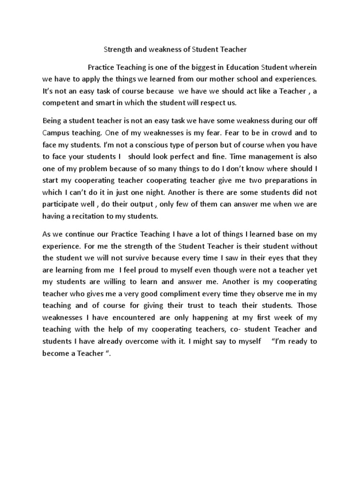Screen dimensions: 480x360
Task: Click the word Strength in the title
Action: click(118, 48)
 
